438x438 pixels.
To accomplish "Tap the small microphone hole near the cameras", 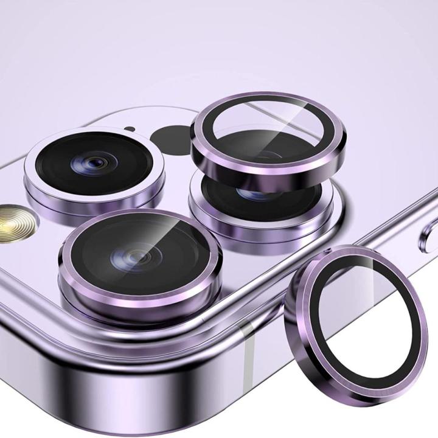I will pos(130,129).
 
